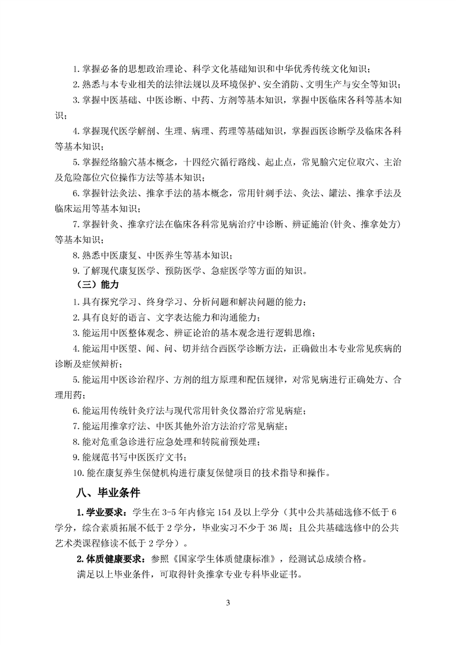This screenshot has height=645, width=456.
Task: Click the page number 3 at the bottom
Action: pyautogui.click(x=228, y=603)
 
